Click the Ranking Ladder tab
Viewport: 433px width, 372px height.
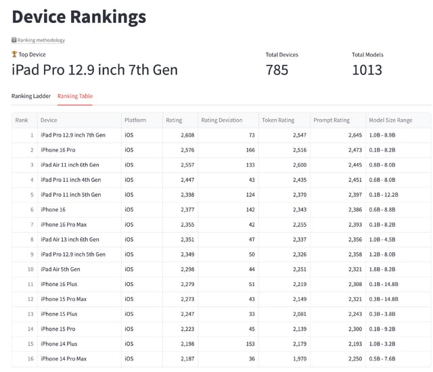click(31, 96)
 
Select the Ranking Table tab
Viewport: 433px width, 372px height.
click(75, 96)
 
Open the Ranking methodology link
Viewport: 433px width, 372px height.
click(41, 41)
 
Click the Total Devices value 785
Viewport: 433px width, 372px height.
click(277, 70)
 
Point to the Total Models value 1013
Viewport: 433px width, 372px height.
click(367, 70)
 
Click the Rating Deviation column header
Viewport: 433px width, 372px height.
click(221, 120)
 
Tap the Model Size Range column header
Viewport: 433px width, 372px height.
click(390, 120)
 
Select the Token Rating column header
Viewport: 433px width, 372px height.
click(278, 120)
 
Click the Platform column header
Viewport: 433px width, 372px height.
click(135, 120)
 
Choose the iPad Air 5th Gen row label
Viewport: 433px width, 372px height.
click(60, 269)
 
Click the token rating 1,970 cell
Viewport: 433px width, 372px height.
click(296, 358)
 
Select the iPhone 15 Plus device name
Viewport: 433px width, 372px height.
click(59, 314)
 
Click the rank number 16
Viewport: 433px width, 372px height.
click(30, 358)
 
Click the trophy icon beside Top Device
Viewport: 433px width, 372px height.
click(14, 54)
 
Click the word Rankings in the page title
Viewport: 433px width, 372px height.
click(108, 16)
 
